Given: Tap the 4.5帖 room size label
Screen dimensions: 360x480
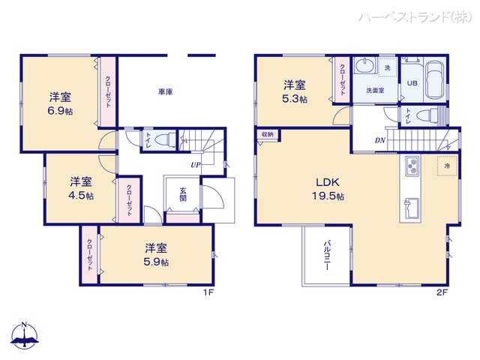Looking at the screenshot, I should (x=81, y=195).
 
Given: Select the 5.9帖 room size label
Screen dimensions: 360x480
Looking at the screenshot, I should (x=156, y=262).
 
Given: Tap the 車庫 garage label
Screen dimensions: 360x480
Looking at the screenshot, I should (x=166, y=91).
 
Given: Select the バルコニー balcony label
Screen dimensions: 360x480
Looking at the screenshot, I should (x=327, y=257).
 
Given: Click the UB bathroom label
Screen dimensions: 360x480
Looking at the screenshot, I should (x=412, y=83).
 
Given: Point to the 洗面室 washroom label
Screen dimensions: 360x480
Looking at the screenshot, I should (x=375, y=91).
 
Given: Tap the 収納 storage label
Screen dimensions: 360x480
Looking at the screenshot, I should (x=267, y=134).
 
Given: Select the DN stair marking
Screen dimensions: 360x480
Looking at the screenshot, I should (x=380, y=140).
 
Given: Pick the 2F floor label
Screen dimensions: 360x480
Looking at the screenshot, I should (x=442, y=292).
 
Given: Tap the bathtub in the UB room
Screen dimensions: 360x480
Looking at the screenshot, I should (x=435, y=80).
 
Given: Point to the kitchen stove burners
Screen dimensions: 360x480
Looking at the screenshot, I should (x=412, y=166).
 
